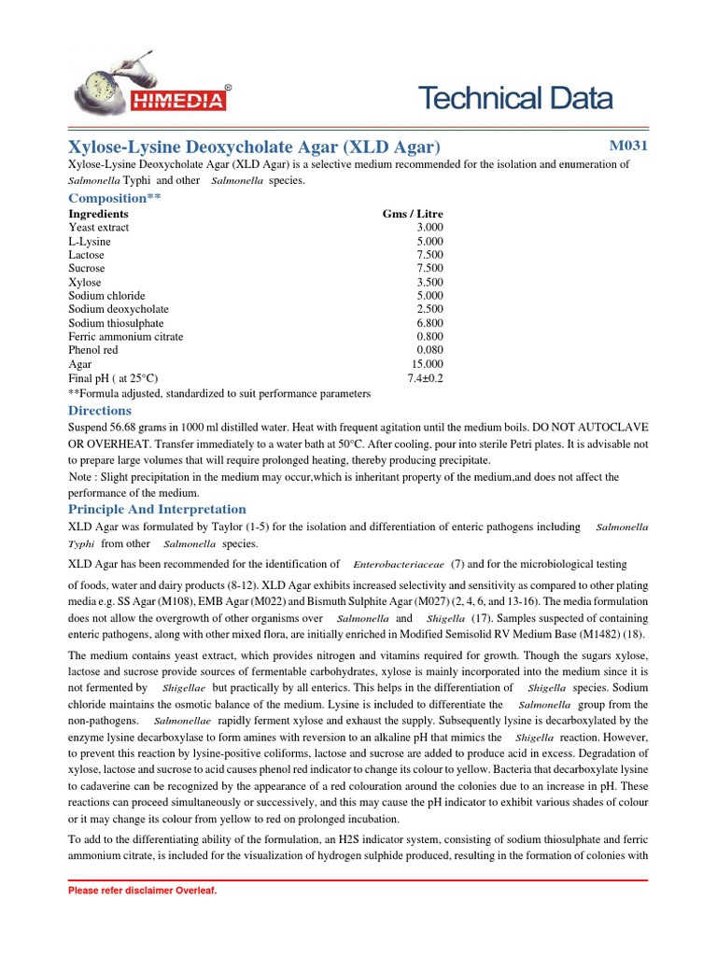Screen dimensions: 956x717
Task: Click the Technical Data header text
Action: click(514, 98)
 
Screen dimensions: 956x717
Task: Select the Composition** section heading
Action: click(108, 198)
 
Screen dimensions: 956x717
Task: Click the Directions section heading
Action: click(100, 411)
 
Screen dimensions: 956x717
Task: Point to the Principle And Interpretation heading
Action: click(157, 509)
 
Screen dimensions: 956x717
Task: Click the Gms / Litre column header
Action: click(413, 214)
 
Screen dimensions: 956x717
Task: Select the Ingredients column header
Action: click(98, 214)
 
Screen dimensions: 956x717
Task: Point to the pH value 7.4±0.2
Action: click(425, 378)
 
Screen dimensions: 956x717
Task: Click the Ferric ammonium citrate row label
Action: click(125, 336)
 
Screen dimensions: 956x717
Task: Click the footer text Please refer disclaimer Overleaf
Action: click(142, 891)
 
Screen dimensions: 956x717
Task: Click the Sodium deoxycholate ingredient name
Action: click(119, 309)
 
